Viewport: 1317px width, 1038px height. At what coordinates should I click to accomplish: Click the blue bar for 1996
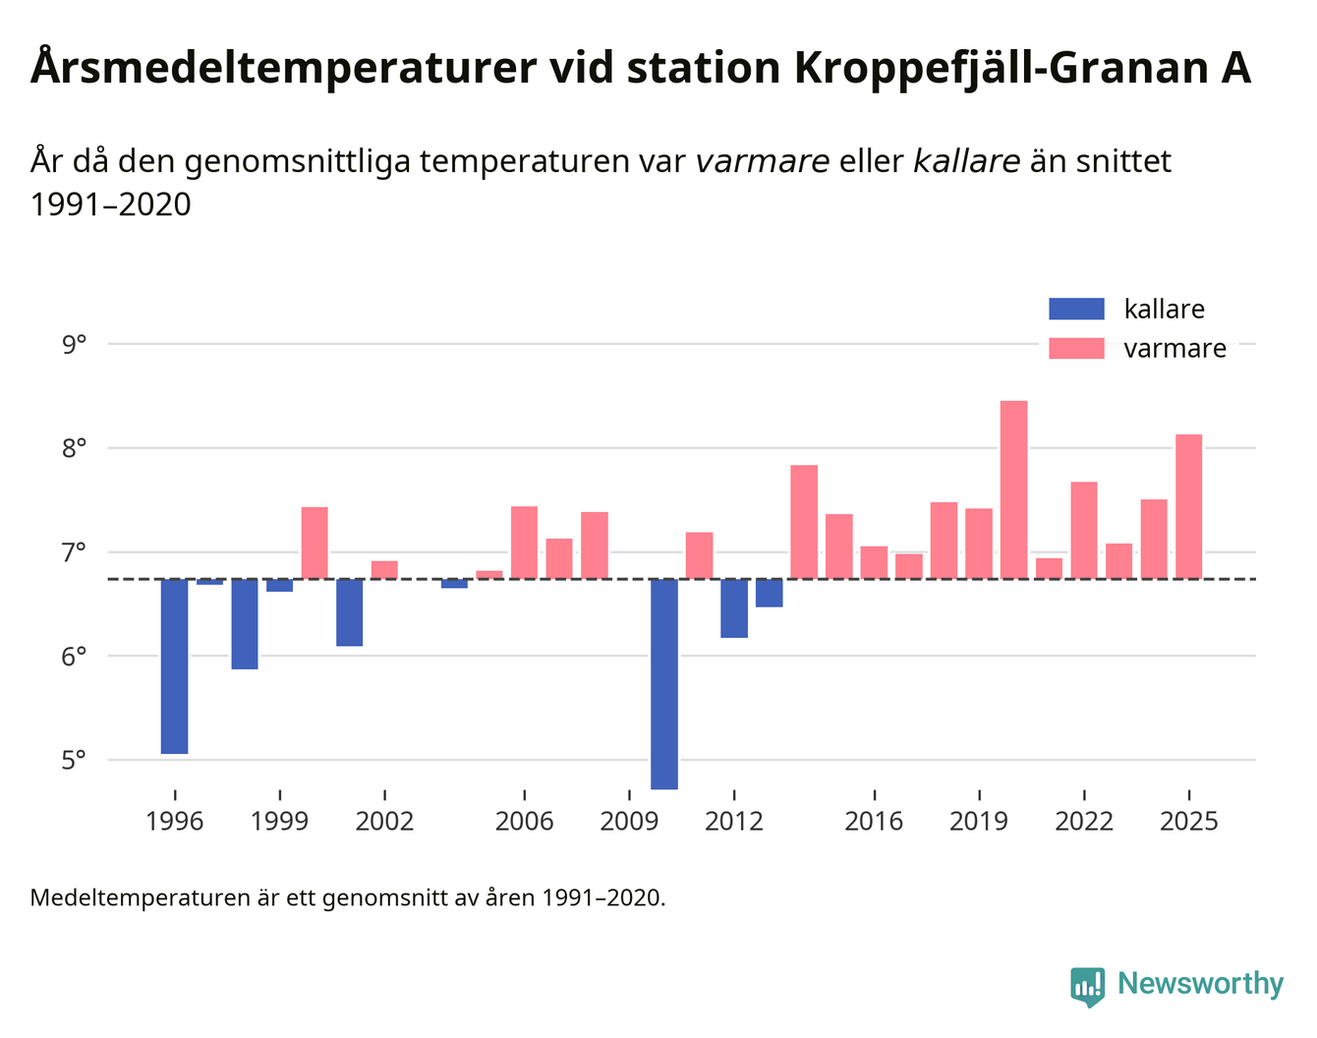pyautogui.click(x=174, y=666)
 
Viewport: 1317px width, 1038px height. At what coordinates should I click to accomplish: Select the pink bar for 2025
pyautogui.click(x=1188, y=506)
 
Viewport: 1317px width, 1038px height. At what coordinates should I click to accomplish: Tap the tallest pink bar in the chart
pyautogui.click(x=1013, y=490)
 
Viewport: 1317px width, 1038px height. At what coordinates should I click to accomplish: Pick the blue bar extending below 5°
pyautogui.click(x=664, y=684)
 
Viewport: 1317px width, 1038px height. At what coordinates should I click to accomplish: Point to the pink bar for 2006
pyautogui.click(x=524, y=543)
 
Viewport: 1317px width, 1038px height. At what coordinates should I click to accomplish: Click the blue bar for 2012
pyautogui.click(x=734, y=608)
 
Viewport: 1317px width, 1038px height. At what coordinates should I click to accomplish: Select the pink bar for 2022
pyautogui.click(x=1084, y=530)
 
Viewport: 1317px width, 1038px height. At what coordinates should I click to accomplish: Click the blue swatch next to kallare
pyautogui.click(x=1076, y=310)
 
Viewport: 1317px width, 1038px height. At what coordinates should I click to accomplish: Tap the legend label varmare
pyautogui.click(x=1174, y=349)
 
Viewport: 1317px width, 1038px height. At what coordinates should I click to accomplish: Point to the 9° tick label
pyautogui.click(x=75, y=345)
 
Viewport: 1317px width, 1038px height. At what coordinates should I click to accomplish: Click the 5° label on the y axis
pyautogui.click(x=75, y=761)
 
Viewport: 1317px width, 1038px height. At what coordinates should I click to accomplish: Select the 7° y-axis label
pyautogui.click(x=75, y=552)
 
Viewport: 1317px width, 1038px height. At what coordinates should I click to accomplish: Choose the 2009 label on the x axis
pyautogui.click(x=629, y=821)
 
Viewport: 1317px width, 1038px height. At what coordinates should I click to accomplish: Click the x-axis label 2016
pyautogui.click(x=874, y=821)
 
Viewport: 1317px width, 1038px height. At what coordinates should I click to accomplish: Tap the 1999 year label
pyautogui.click(x=280, y=821)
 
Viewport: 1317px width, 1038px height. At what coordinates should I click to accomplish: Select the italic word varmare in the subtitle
pyautogui.click(x=762, y=161)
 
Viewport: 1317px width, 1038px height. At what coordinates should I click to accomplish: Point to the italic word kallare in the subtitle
pyautogui.click(x=966, y=161)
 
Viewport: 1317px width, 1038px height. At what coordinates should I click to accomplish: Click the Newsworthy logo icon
pyautogui.click(x=1087, y=986)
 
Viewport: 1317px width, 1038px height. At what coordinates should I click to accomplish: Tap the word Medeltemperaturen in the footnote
pyautogui.click(x=141, y=897)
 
